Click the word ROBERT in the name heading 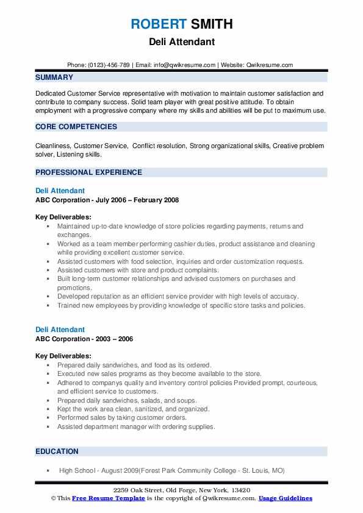[x=158, y=24]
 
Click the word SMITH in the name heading [x=211, y=24]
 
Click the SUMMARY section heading [x=54, y=77]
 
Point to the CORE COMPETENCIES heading [x=76, y=127]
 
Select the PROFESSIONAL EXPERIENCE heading [x=88, y=172]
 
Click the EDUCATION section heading [x=57, y=451]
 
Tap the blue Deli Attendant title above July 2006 [x=60, y=191]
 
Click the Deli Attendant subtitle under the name [x=181, y=43]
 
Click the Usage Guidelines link [x=286, y=498]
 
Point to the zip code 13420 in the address [x=240, y=490]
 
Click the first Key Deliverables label [x=63, y=217]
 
